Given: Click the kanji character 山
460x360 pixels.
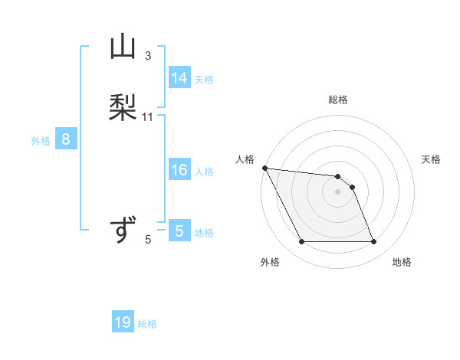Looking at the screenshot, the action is click(x=123, y=47).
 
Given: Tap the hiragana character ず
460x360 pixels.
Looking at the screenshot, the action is click(x=123, y=231).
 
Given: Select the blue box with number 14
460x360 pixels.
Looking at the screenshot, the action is click(x=179, y=78).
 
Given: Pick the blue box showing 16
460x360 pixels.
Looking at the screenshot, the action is click(x=179, y=170).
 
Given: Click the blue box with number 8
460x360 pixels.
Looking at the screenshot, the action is click(x=66, y=139).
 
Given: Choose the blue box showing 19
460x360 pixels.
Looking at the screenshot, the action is click(x=123, y=322).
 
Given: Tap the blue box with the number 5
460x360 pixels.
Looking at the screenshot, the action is click(x=179, y=231).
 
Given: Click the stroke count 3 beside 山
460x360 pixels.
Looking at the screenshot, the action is click(x=148, y=56).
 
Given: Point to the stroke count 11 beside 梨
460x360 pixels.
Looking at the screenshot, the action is click(x=148, y=117).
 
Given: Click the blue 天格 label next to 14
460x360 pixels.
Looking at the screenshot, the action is click(x=204, y=80).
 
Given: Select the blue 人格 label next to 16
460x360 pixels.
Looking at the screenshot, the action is click(x=204, y=172).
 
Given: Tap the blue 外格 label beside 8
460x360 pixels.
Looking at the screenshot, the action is click(x=41, y=141).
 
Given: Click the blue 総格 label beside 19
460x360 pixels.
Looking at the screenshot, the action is click(x=147, y=324).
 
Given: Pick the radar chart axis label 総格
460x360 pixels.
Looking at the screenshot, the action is click(x=338, y=100).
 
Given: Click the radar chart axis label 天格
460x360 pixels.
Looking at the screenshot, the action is click(x=431, y=159).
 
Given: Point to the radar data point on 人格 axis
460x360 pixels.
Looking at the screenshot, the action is click(x=264, y=168).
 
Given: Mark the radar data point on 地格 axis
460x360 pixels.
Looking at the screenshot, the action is click(x=373, y=242).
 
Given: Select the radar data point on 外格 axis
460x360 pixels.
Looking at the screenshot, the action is click(x=301, y=242).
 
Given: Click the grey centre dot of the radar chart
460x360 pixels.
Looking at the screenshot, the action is click(x=337, y=191).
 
